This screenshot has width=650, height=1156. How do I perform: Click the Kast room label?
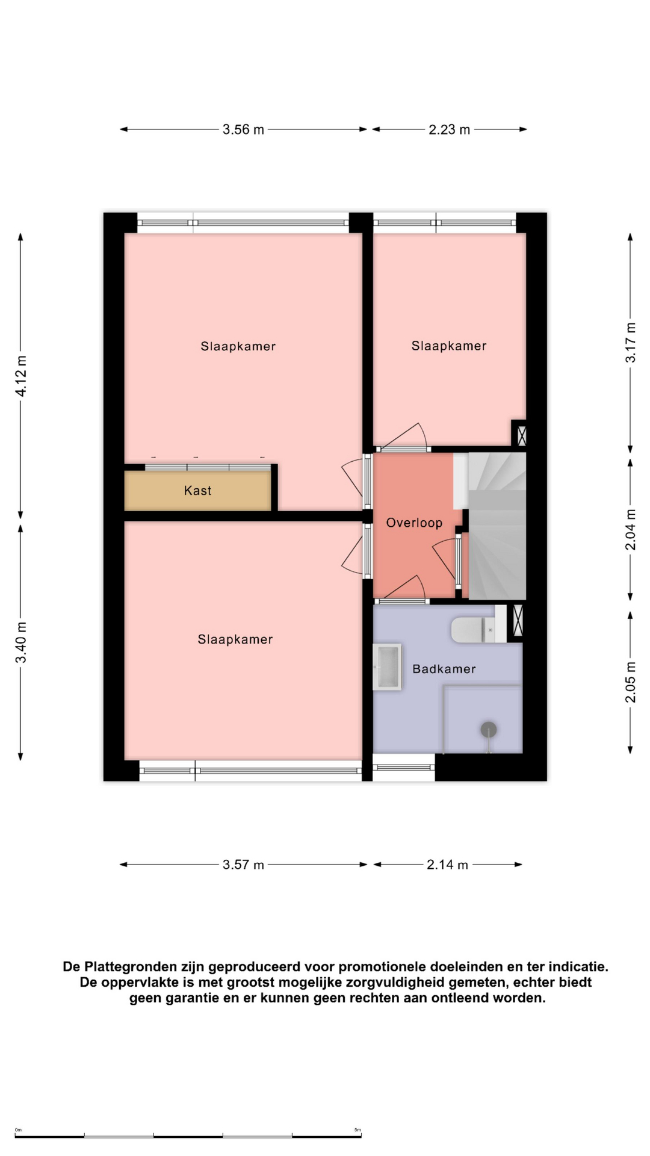tap(197, 491)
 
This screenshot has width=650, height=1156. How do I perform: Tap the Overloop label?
tap(414, 523)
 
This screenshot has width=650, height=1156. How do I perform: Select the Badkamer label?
tap(444, 669)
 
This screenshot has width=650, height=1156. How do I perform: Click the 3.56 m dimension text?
tap(243, 129)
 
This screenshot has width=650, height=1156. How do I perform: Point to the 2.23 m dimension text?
tap(449, 129)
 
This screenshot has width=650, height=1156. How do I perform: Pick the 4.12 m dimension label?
tap(21, 376)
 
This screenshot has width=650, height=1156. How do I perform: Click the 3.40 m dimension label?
tap(21, 642)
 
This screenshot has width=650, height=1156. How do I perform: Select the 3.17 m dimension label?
tap(630, 343)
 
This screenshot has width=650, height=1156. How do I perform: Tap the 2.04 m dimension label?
tap(630, 530)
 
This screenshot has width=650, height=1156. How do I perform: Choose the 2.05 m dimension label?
tap(630, 682)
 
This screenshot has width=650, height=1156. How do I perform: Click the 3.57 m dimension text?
tap(243, 865)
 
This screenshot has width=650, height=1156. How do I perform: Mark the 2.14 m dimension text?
tap(447, 865)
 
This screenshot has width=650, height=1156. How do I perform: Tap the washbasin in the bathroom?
tap(387, 667)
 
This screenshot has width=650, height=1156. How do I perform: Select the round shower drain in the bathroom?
tap(489, 730)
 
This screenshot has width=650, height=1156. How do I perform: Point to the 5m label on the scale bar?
tap(357, 1130)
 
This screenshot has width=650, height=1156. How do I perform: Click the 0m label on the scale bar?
tap(18, 1130)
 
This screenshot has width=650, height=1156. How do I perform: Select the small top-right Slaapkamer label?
tap(449, 346)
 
